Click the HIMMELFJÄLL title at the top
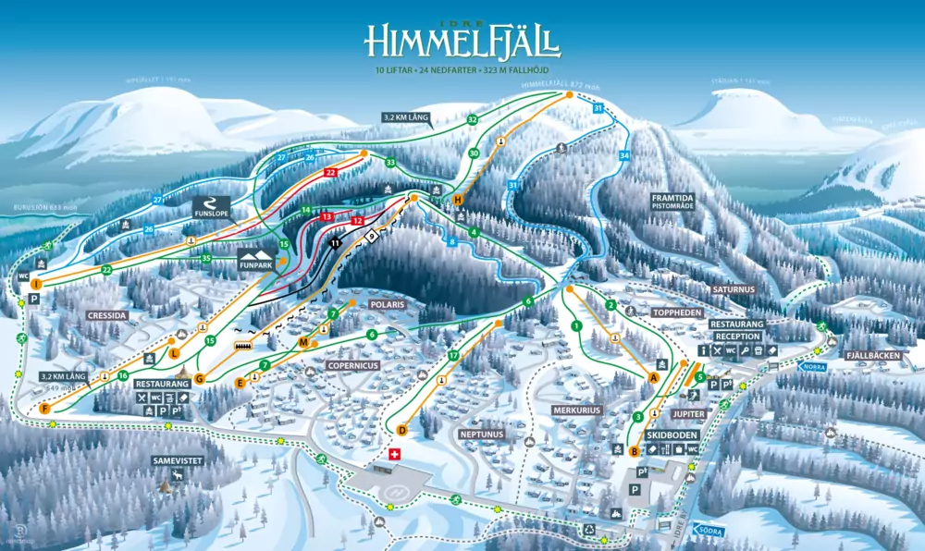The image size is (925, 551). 462,42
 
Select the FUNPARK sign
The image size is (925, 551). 257,259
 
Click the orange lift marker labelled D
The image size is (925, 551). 402,430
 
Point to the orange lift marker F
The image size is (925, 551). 45,408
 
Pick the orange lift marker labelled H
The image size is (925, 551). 457,200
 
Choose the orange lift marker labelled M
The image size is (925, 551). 302,343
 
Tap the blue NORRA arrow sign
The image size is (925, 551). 812,366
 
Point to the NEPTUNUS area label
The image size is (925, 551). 479,434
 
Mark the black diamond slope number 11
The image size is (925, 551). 335,242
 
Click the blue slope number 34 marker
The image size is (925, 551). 624,155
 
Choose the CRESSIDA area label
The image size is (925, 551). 107,315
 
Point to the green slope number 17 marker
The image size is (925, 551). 453,356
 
